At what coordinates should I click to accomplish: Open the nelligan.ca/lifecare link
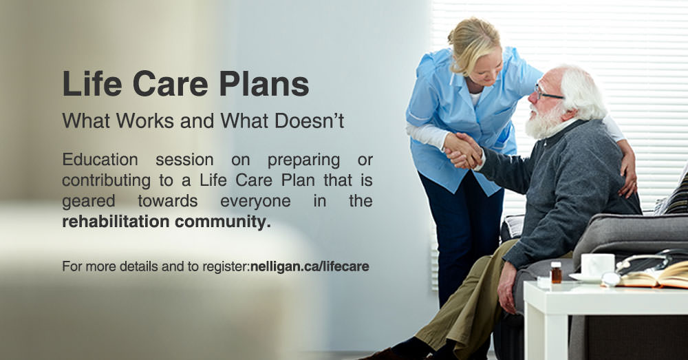coord(310,266)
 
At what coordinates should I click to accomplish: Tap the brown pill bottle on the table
coord(556,272)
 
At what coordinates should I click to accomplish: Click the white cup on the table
coord(596,265)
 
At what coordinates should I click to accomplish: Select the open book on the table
coord(654,275)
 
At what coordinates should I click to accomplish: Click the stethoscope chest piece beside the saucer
coord(610,279)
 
